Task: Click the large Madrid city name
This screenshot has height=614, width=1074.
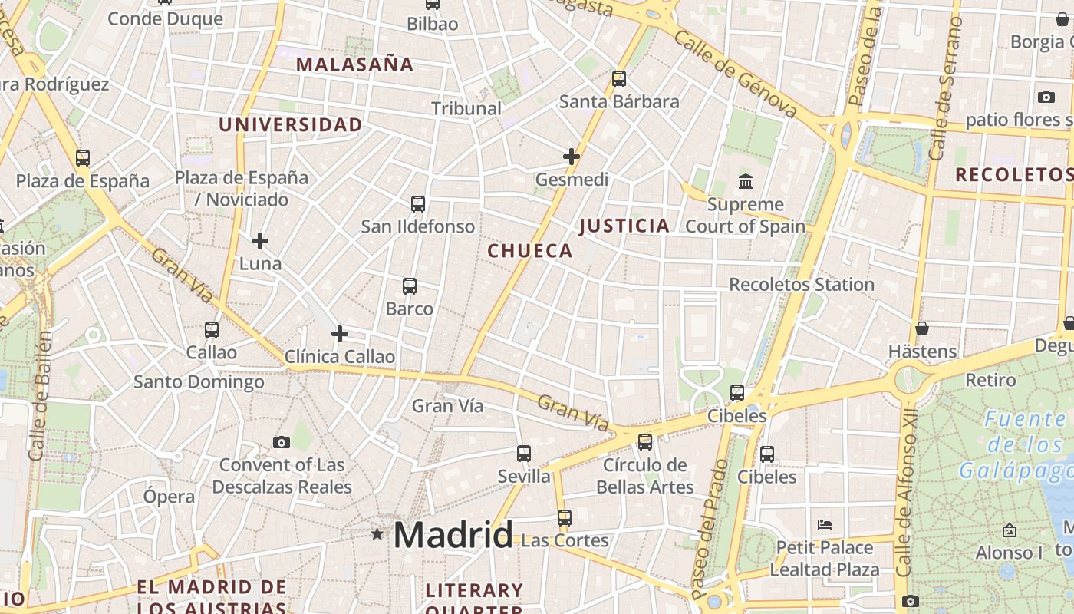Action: pos(453,535)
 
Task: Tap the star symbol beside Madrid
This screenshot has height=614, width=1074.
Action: pos(377,533)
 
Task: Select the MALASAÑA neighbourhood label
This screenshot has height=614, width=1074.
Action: pos(354,64)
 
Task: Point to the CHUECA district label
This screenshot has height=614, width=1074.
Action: pos(530,251)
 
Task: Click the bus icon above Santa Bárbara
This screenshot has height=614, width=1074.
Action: pos(619,79)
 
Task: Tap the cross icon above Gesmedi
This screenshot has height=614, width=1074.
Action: pos(572,157)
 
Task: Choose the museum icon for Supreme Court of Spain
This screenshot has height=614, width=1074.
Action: pos(746,182)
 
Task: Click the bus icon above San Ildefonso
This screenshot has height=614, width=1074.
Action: pos(418,204)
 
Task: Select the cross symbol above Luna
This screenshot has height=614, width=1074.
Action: pos(260,241)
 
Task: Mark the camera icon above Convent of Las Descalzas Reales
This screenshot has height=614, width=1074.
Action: pos(282,442)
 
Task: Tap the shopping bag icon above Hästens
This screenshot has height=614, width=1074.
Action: pos(922,328)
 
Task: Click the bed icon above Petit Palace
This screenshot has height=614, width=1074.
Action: pos(825,525)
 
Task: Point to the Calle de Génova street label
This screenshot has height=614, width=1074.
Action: pos(737,73)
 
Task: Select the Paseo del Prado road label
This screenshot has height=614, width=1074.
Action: pos(710,530)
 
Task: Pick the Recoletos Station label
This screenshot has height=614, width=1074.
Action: pos(801,285)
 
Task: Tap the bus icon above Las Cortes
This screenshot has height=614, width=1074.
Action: pos(565,517)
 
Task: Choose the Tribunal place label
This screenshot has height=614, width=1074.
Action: pos(466,108)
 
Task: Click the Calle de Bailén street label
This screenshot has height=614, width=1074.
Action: pos(41,395)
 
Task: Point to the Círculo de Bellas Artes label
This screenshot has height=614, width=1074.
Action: pos(644,476)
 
